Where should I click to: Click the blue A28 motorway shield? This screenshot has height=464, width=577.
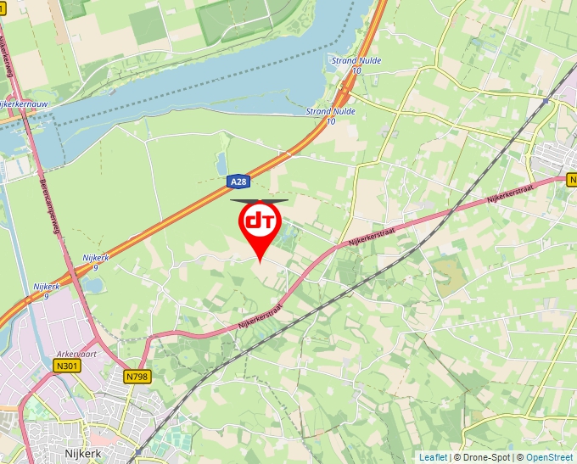tap(239, 182)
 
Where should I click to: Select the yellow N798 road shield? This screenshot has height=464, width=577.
tap(137, 375)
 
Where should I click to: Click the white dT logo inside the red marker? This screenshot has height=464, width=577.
tap(259, 221)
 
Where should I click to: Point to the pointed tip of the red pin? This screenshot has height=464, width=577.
tap(260, 260)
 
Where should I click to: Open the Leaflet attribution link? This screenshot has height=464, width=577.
tap(433, 457)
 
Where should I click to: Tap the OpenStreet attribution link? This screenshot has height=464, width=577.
tap(551, 457)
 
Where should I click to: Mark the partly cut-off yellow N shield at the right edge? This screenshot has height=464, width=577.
tap(572, 180)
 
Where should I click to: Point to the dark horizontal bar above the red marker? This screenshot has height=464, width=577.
tap(259, 201)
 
